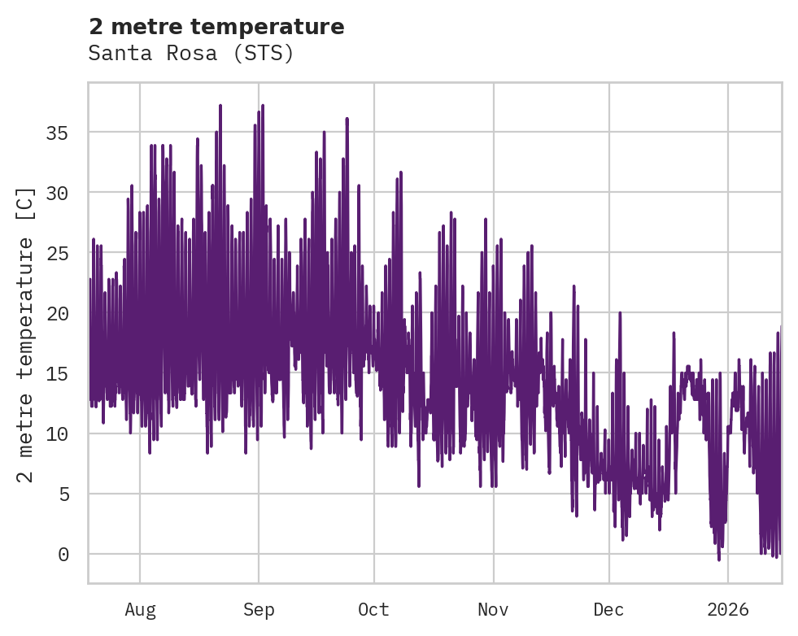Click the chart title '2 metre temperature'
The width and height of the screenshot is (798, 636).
pyautogui.click(x=216, y=27)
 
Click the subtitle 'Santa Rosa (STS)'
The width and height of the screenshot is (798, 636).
pyautogui.click(x=190, y=54)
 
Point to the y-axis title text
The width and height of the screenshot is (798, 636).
pyautogui.click(x=26, y=334)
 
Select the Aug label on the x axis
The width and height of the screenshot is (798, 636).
pyautogui.click(x=140, y=609)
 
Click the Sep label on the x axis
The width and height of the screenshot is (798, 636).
pyautogui.click(x=259, y=609)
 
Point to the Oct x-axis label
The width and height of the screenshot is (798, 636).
pyautogui.click(x=374, y=609)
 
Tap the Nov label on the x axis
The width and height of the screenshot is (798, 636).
pyautogui.click(x=493, y=609)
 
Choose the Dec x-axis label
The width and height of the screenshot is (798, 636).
pyautogui.click(x=608, y=609)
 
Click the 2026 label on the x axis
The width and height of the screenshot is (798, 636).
pyautogui.click(x=728, y=609)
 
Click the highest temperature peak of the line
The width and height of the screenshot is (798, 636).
pyautogui.click(x=220, y=106)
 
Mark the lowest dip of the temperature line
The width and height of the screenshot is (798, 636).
pyautogui.click(x=718, y=559)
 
